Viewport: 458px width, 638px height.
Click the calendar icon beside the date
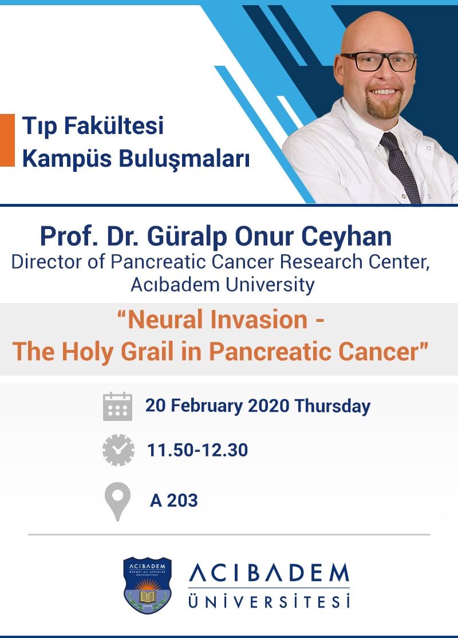coord(117,407)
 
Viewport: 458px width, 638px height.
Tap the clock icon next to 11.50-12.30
coord(118,450)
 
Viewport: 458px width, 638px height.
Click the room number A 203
coord(173,501)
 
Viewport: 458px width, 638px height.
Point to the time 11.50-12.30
coord(197,450)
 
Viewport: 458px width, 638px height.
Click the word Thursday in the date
coord(332,406)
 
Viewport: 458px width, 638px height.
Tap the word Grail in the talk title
coord(145,350)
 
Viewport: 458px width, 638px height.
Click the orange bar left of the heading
coord(7,140)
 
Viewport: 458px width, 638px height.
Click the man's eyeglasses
coord(378,62)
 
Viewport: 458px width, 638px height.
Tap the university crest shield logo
coord(148,584)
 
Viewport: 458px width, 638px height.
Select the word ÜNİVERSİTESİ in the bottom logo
coord(269,602)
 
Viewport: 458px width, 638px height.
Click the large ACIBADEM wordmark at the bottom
coord(269,573)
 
